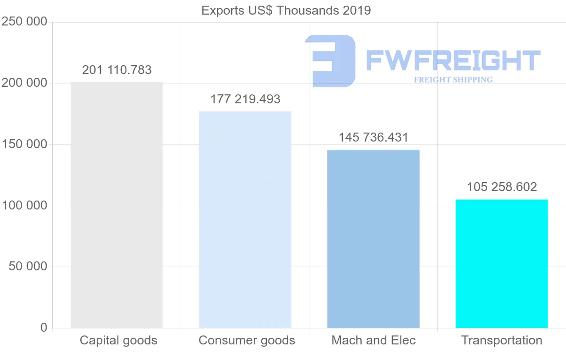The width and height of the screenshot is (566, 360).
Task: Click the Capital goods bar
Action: pos(117,205)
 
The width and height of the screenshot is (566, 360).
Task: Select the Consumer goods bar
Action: pos(245,220)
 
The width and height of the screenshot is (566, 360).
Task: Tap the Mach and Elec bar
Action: pos(373,239)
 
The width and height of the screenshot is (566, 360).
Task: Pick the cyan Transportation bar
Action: pos(501,264)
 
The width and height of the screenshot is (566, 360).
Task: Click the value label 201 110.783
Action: pos(117,70)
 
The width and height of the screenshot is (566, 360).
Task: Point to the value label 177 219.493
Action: pos(245,100)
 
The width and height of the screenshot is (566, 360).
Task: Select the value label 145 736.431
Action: pos(374,138)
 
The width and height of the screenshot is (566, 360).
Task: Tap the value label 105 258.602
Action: pos(502,187)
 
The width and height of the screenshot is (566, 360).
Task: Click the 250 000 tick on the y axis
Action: pos(25,22)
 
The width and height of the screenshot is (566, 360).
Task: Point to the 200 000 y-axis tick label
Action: pos(25,84)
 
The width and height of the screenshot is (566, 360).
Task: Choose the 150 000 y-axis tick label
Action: pos(25,144)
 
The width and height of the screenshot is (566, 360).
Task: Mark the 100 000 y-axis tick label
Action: pos(25,206)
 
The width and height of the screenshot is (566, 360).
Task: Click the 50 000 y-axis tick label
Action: pos(28,267)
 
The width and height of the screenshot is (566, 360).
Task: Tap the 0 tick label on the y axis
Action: pos(44,328)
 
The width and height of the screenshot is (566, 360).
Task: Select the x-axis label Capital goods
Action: pos(118,341)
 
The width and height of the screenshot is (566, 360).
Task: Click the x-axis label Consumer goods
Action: pos(247,341)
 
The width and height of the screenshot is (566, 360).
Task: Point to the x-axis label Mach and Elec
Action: pos(374,341)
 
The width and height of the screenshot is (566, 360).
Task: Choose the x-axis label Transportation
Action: pos(502,341)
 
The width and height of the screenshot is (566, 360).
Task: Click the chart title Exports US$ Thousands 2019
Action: pos(286,10)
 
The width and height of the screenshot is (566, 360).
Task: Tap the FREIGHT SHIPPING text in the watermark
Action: pos(453,80)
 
